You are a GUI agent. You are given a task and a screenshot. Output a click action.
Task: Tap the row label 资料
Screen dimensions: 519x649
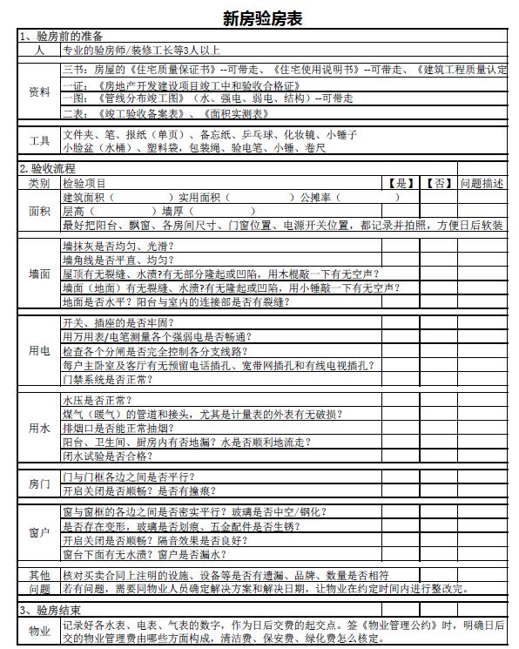[39, 91]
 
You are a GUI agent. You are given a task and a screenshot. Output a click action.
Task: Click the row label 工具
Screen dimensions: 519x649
[39, 141]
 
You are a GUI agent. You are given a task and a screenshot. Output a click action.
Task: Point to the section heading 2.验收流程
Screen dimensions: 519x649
[48, 168]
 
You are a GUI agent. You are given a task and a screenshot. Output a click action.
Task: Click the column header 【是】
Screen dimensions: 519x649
[401, 183]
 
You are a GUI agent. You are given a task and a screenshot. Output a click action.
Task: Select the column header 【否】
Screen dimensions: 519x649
[439, 183]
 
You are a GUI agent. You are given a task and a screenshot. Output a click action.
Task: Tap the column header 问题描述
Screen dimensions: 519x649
[482, 183]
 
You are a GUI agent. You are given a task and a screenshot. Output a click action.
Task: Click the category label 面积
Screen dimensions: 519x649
[39, 211]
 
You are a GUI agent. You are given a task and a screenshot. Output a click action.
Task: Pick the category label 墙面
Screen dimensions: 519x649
[39, 274]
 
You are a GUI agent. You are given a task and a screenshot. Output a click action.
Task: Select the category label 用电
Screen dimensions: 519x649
[39, 350]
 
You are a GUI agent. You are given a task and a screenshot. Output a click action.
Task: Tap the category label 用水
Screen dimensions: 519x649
[39, 428]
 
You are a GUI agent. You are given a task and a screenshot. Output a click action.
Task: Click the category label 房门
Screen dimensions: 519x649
[39, 483]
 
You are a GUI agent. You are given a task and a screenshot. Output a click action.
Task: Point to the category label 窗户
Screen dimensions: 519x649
[39, 531]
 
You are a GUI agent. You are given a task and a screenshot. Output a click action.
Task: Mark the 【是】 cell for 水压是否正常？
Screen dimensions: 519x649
[401, 400]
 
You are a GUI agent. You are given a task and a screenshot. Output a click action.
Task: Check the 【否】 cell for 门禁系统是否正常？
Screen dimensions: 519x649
[439, 379]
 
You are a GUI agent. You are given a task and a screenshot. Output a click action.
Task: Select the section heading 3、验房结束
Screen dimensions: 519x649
[51, 610]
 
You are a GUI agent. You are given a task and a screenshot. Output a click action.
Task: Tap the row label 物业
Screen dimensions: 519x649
[39, 631]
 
